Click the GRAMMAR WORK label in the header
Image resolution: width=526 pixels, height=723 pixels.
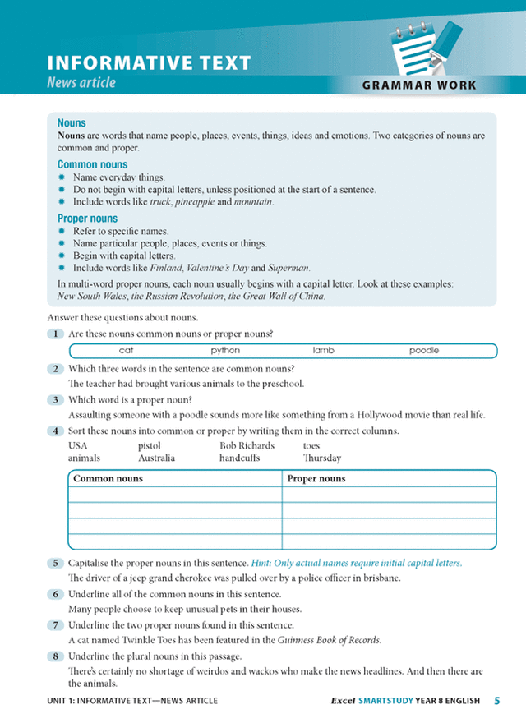coord(418,85)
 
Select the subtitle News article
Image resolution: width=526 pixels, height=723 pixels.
coord(81,82)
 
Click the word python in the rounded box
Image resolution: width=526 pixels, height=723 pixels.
coord(225,351)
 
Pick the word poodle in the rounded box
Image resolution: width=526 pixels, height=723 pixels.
coord(424,351)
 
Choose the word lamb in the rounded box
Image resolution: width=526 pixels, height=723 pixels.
coord(323,351)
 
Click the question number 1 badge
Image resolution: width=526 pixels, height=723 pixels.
coord(55,334)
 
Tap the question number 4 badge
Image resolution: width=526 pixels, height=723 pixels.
coord(55,431)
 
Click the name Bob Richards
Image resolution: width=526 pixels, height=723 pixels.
coord(247,446)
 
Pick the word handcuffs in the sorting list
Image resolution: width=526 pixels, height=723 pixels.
coord(239,458)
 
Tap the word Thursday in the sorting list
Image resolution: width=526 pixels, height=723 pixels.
coord(321,458)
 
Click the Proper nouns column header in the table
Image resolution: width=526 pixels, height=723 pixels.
coord(316,478)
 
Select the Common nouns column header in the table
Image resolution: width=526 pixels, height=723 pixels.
coord(108,478)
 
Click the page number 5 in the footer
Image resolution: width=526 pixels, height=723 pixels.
coord(497,701)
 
